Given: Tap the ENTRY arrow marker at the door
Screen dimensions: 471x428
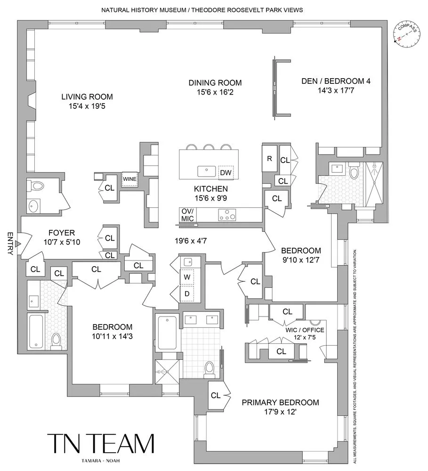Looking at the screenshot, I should (x=17, y=244).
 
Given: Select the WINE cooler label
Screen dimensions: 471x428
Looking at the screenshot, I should (x=129, y=179).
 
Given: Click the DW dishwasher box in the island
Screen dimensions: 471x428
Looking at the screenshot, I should (x=226, y=173).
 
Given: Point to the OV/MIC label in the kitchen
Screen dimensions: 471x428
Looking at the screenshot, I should (x=187, y=215).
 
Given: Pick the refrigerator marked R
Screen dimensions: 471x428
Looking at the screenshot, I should (x=269, y=159).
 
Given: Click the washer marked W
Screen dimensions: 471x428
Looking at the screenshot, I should (x=187, y=277).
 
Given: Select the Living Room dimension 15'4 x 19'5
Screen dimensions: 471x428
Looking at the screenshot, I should (x=87, y=107).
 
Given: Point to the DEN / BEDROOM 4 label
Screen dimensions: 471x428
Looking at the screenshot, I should (x=336, y=81).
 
